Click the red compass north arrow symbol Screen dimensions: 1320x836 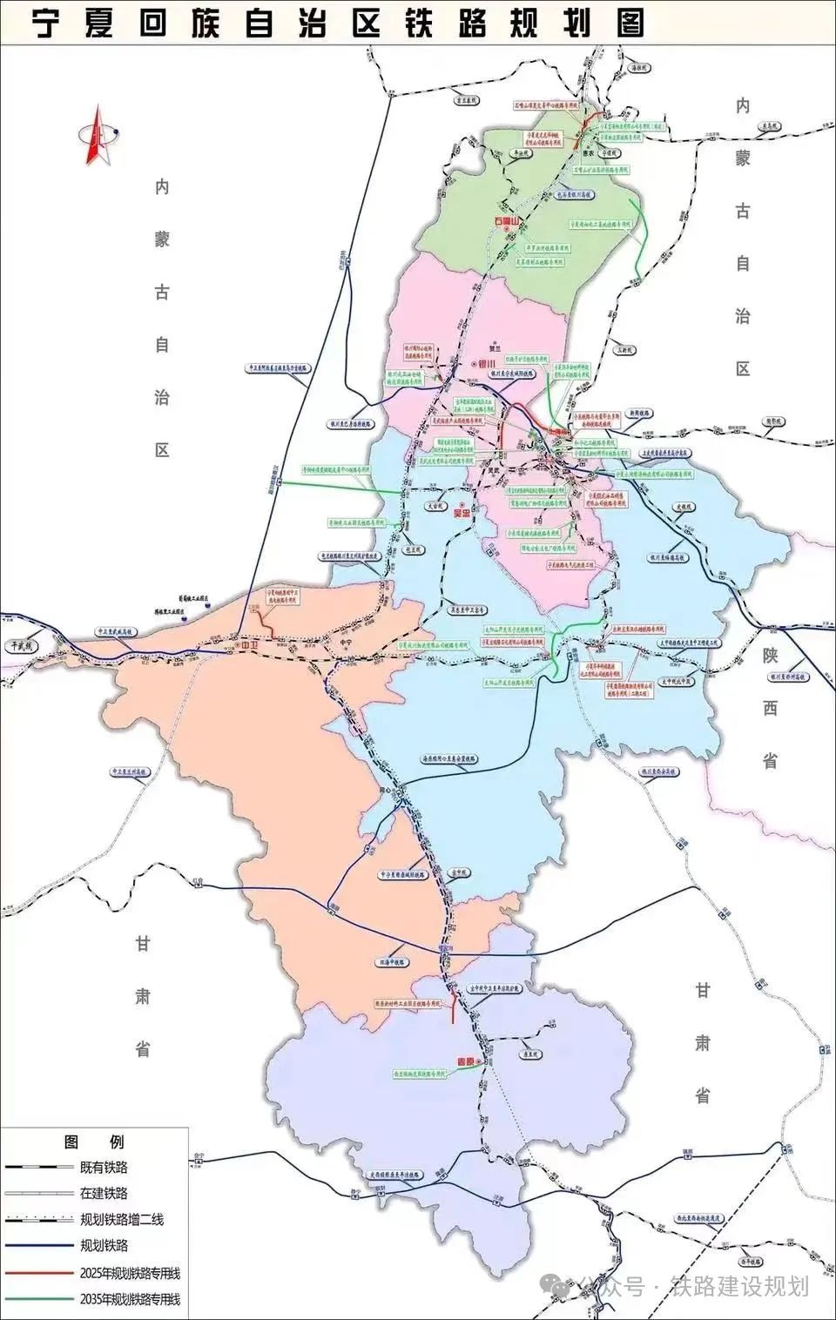coord(94,134)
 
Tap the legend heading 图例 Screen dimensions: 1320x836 coord(94,1142)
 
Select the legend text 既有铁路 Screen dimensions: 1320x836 coord(104,1167)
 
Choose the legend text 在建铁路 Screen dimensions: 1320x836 coord(104,1193)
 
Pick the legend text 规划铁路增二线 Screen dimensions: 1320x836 coord(122,1219)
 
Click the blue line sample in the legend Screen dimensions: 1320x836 coord(39,1246)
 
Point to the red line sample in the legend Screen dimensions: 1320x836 coord(39,1273)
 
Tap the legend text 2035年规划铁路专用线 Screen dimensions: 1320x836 coord(130,1299)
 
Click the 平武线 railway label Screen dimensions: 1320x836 coord(18,645)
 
